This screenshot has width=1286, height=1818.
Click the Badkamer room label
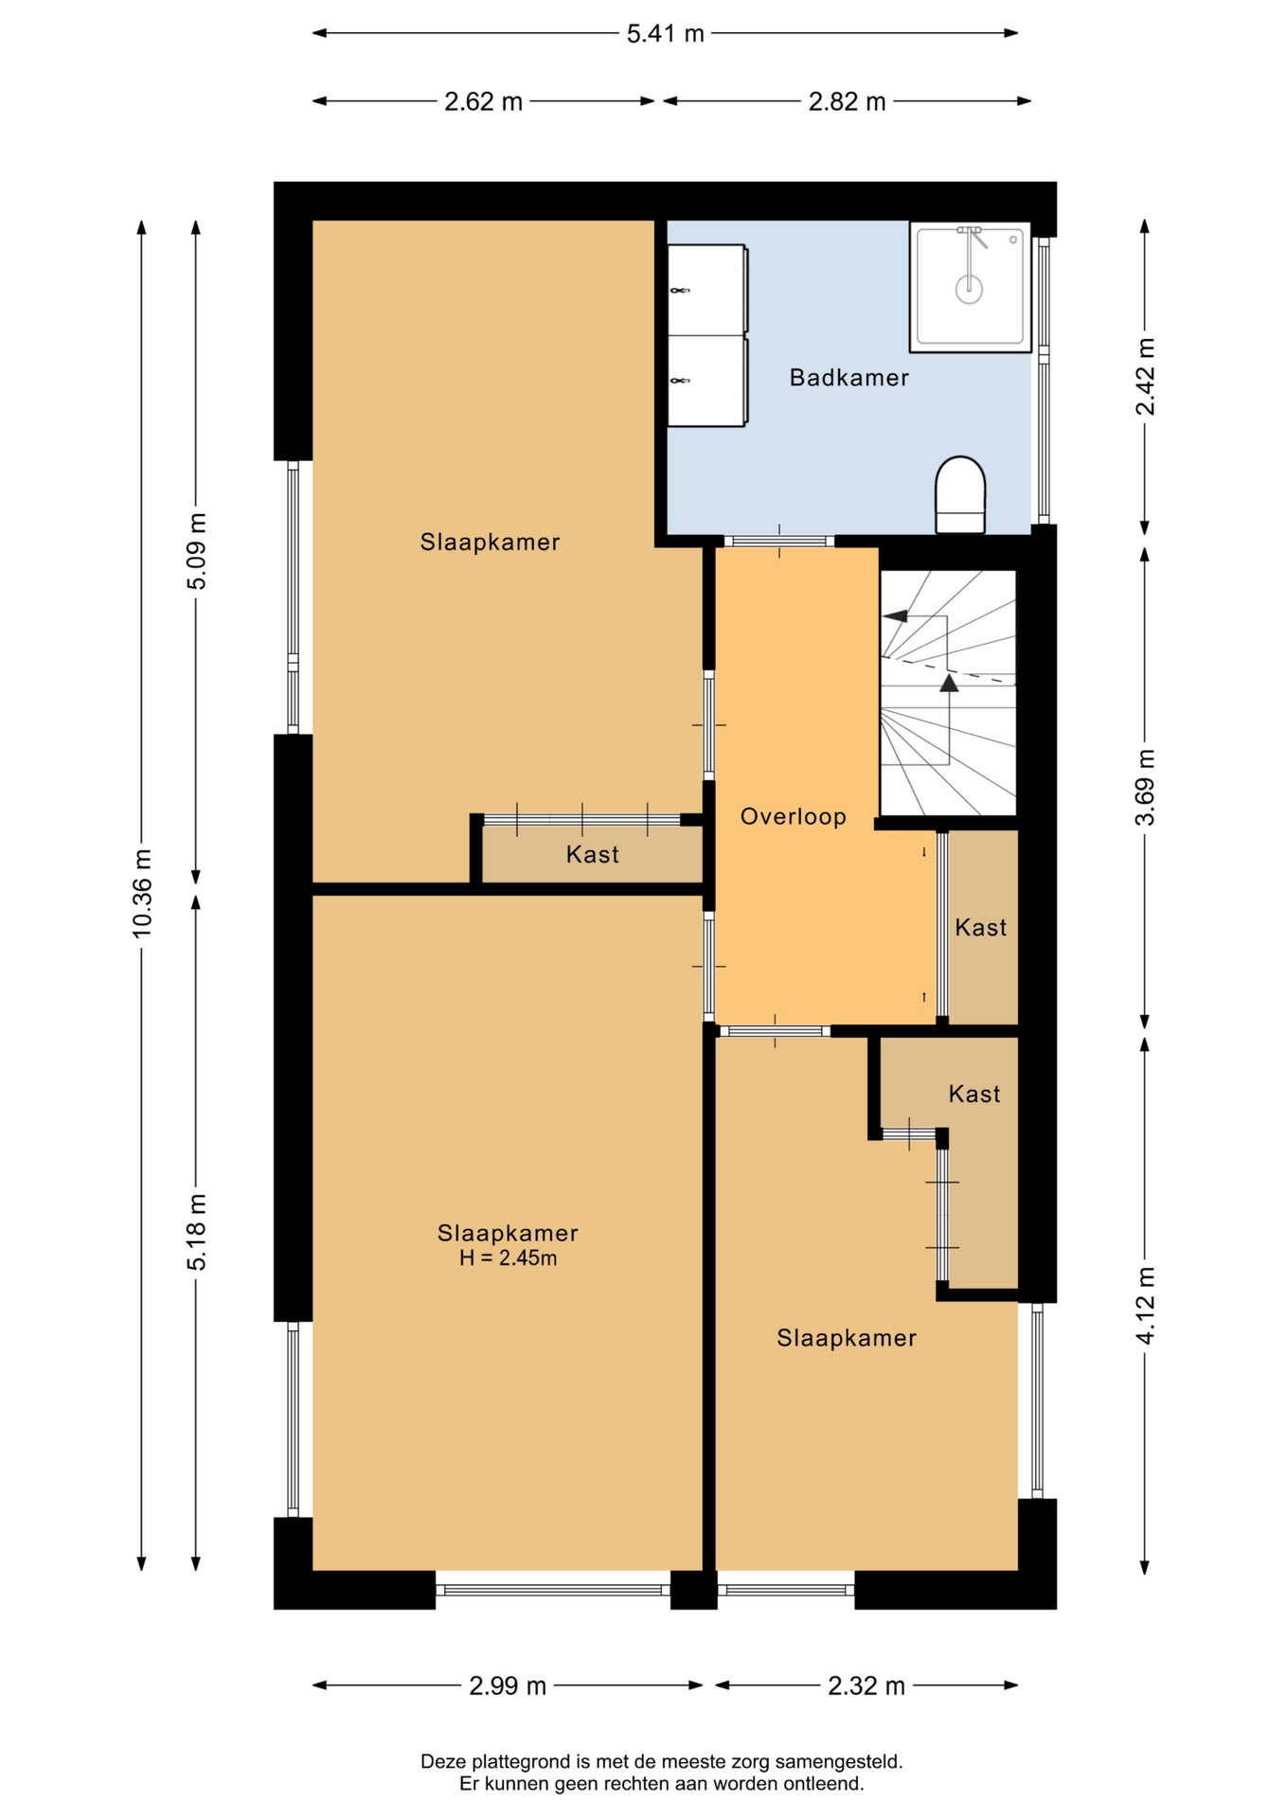tap(848, 378)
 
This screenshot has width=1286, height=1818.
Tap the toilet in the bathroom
tap(960, 495)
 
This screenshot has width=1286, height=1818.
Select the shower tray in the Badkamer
tap(970, 287)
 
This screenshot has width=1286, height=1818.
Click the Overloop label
tap(793, 816)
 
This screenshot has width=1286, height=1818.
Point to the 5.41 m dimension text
tap(666, 34)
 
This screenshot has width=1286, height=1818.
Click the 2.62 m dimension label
tap(483, 101)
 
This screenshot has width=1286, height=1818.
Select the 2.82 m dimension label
tap(847, 101)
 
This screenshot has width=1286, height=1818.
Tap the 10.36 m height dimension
tap(142, 894)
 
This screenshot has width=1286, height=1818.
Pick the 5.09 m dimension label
tap(196, 551)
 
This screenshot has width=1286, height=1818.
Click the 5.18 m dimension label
tap(196, 1232)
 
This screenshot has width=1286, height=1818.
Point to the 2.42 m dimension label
tap(1145, 376)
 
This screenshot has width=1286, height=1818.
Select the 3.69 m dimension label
tap(1145, 787)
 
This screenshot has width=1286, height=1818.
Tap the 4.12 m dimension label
tap(1145, 1305)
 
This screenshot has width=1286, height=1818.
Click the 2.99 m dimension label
tap(508, 1686)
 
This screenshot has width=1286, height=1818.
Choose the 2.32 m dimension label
tap(866, 1686)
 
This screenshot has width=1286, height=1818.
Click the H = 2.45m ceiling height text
tap(508, 1258)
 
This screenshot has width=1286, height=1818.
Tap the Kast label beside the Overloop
tap(980, 928)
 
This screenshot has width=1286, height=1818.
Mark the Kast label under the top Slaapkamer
tap(592, 855)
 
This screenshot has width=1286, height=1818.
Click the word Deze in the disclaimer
tap(442, 1762)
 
